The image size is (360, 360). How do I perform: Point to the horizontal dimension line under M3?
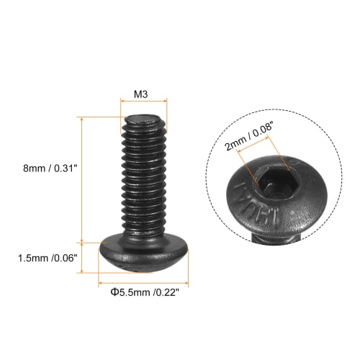click(x=143, y=102)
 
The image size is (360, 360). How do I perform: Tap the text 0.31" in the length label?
click(x=66, y=168)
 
